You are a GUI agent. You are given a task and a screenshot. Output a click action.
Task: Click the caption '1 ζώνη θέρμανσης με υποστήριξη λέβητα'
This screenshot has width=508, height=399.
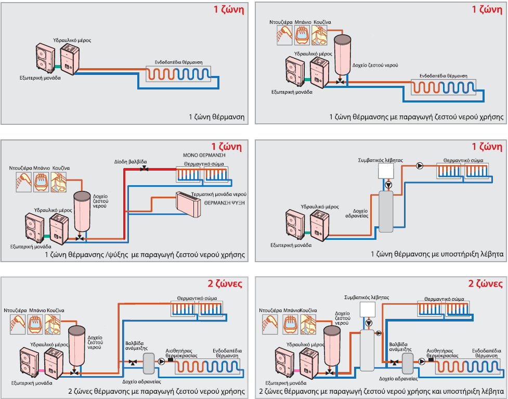(437, 254)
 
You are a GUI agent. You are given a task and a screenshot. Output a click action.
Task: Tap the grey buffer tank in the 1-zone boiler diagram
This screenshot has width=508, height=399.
(386, 211)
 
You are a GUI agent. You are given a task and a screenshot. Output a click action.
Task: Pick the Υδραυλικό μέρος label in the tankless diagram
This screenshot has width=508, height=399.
(72, 40)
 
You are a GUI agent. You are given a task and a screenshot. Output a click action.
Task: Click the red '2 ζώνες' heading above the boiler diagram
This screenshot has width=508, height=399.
(486, 284)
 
